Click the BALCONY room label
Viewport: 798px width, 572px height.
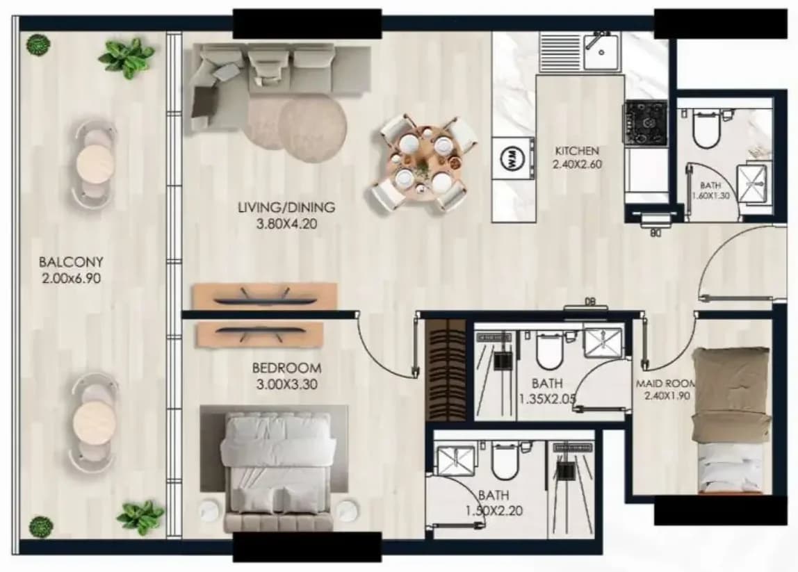tap(71, 261)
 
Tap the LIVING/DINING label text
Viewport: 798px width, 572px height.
tap(286, 207)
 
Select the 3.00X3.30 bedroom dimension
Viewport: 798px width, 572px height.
tap(286, 384)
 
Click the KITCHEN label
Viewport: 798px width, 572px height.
tap(577, 151)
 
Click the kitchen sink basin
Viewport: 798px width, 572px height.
tap(601, 51)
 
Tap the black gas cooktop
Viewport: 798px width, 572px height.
tap(646, 122)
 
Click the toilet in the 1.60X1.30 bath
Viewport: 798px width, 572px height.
tap(706, 130)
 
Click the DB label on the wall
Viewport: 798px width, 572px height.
tap(589, 302)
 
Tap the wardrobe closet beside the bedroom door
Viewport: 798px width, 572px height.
tap(446, 370)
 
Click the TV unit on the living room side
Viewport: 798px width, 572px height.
tap(265, 295)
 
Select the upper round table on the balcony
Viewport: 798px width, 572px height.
tap(95, 163)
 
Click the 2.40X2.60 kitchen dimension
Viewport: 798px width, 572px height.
tap(577, 165)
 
